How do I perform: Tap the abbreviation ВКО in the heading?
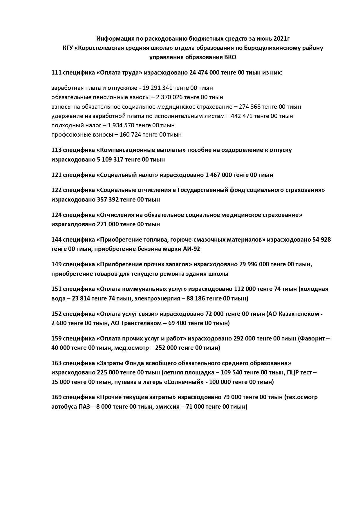(x=230, y=57)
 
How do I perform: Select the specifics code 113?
(x=56, y=150)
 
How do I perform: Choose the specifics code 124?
(x=56, y=215)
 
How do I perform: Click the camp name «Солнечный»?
(x=184, y=382)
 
